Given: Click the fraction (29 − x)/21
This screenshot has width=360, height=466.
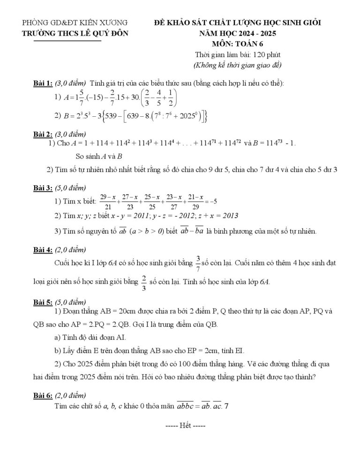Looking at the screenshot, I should click(108, 202).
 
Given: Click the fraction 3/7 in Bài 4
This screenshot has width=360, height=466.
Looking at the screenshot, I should click(198, 264).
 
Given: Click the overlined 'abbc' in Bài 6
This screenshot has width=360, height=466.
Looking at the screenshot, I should click(187, 406).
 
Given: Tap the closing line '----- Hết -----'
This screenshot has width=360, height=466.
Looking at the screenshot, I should click(186, 427).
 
